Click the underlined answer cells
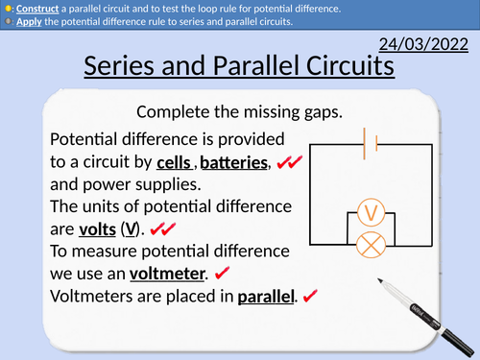(x=175, y=164)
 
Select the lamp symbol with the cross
(x=370, y=245)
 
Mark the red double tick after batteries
(x=290, y=165)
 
